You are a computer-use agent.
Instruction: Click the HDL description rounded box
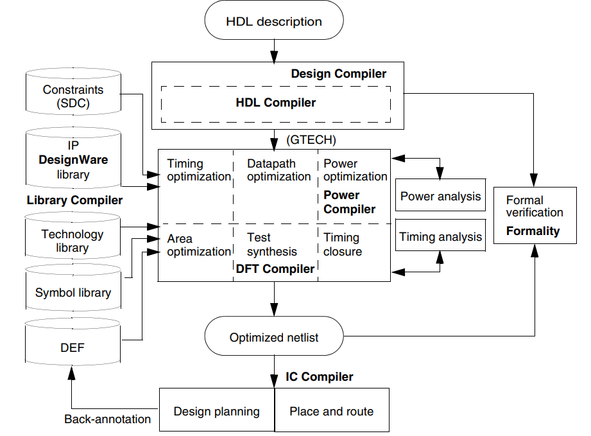tap(274, 22)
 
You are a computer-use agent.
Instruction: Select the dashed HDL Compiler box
tap(275, 103)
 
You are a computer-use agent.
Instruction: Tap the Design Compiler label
tap(339, 74)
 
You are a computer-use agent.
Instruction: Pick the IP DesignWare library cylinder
tap(73, 160)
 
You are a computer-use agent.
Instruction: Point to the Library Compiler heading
tap(74, 200)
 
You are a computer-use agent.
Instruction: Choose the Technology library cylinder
tap(73, 241)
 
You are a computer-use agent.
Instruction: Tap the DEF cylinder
tap(73, 347)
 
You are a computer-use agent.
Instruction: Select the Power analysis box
tap(440, 196)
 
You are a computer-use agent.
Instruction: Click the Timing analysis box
tap(440, 237)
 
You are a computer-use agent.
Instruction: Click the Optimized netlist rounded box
tap(274, 337)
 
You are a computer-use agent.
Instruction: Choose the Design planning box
tap(216, 411)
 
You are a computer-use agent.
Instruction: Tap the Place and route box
tap(332, 411)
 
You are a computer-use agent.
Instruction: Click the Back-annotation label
tap(107, 419)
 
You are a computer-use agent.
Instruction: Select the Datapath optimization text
tap(278, 170)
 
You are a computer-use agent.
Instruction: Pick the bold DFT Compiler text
tap(275, 269)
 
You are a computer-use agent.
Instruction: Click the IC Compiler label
tap(319, 377)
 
